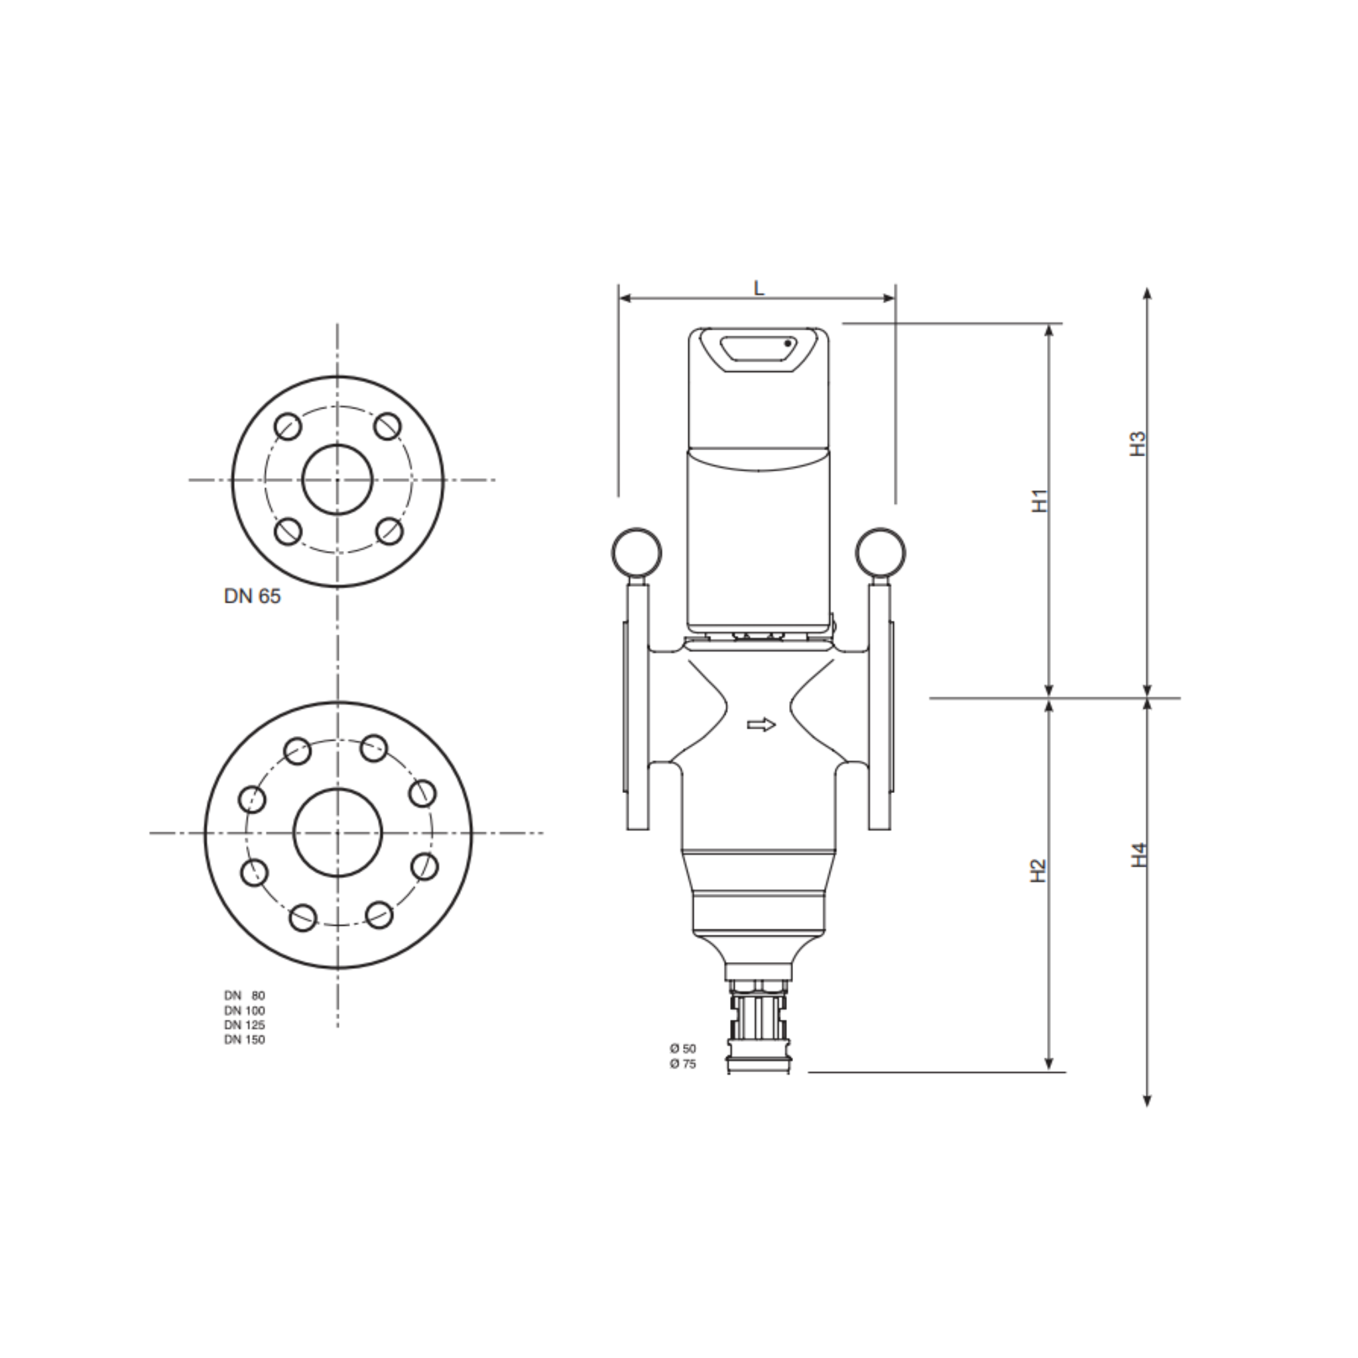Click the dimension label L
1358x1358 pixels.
click(759, 288)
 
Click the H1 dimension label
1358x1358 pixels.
click(1040, 501)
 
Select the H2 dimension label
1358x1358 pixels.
click(1038, 871)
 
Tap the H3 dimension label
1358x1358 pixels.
click(1137, 444)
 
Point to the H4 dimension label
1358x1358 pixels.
click(1139, 854)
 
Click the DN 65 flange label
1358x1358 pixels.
click(251, 596)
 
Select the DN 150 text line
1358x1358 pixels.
click(245, 1040)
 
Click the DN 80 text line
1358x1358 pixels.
click(245, 995)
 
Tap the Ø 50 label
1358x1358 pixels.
click(682, 1048)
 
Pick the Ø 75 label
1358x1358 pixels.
click(682, 1064)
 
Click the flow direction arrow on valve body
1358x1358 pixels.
click(761, 725)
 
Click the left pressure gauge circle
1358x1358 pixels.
click(636, 552)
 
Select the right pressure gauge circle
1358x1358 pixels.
click(881, 552)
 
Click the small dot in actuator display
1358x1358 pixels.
click(788, 343)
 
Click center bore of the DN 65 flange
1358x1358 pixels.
click(338, 479)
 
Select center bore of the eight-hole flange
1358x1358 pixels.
click(338, 832)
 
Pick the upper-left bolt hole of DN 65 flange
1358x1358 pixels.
click(288, 426)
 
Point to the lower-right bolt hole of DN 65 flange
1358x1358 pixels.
click(389, 531)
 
